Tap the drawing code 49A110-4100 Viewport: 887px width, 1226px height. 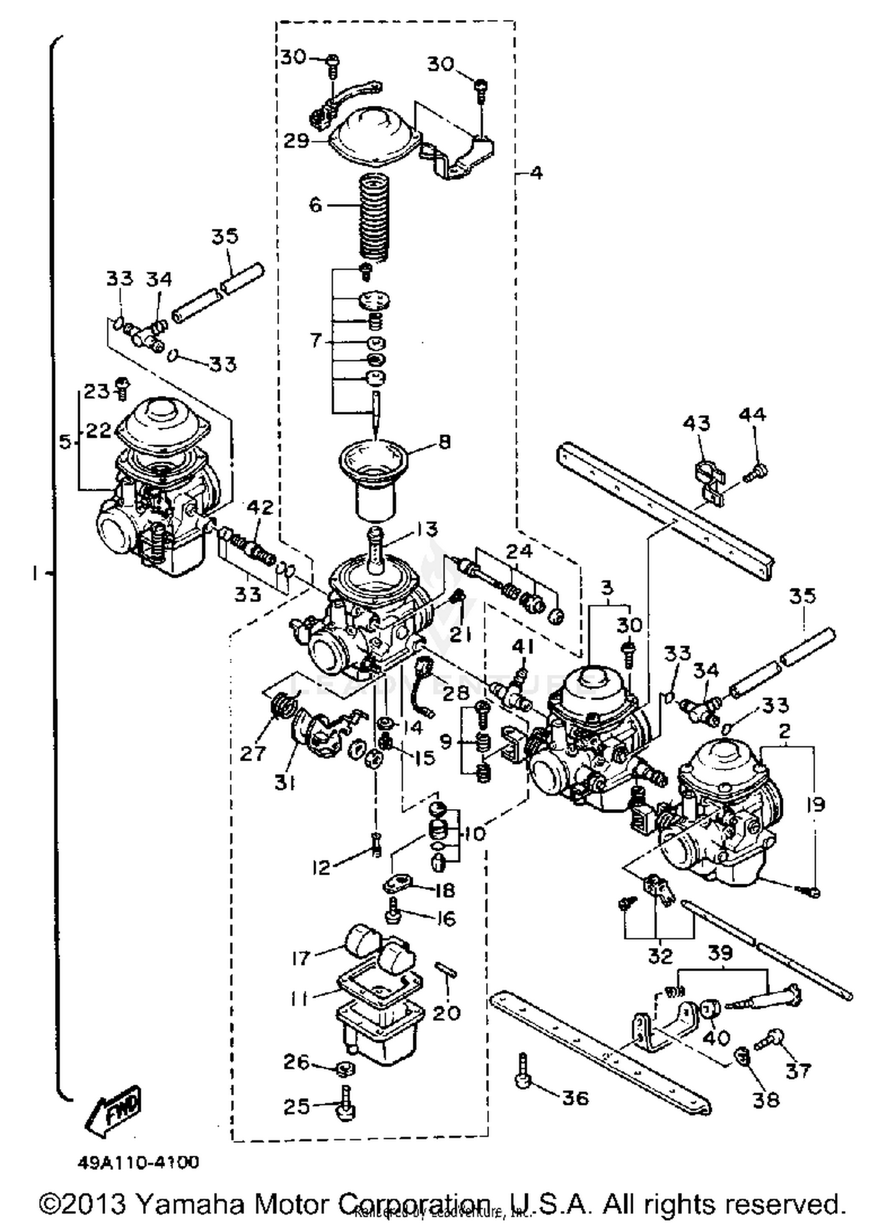138,1163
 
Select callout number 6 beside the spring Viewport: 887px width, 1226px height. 315,205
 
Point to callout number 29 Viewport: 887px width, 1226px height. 296,141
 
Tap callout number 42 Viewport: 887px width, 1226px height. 261,507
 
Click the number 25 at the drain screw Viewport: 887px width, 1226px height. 296,1106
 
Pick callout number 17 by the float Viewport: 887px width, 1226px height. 302,957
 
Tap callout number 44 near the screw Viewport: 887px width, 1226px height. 752,415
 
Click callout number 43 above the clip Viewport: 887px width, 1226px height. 696,423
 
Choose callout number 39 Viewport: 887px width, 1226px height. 720,953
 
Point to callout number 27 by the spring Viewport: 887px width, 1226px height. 252,753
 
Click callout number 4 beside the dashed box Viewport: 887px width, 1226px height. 536,173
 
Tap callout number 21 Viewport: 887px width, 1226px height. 460,635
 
